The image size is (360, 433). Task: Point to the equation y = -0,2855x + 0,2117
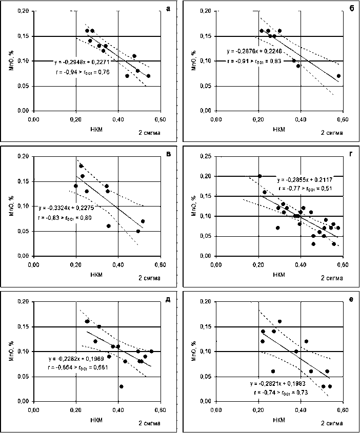pos(304,180)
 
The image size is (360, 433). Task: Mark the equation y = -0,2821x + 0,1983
pos(281,383)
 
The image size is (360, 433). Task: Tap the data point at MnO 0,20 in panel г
pos(259,176)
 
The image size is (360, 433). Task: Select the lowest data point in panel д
pos(121,386)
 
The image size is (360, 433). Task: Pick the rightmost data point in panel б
pos(338,76)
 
